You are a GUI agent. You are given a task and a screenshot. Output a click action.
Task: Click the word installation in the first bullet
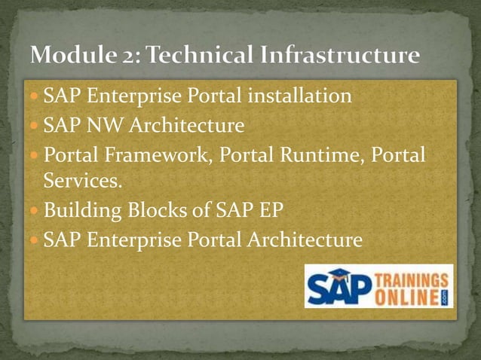301,97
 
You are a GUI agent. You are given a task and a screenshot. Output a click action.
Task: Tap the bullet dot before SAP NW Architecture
35,124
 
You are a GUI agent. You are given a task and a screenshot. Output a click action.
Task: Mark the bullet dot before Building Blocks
35,212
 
